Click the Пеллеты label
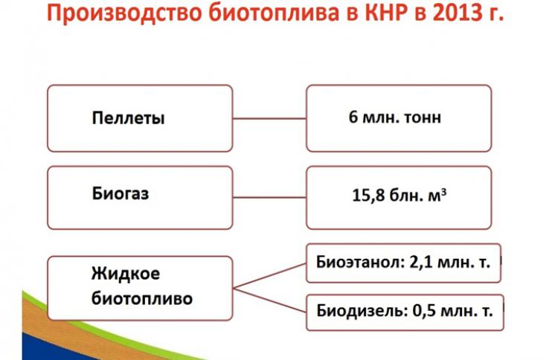[128, 118]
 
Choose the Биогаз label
[121, 193]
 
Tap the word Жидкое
[126, 274]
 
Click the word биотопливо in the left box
[142, 298]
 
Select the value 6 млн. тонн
[394, 117]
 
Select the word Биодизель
[362, 311]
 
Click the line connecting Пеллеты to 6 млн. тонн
[269, 118]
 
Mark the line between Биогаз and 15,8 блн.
[269, 197]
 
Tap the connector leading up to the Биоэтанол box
[269, 276]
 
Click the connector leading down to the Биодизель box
[269, 300]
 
